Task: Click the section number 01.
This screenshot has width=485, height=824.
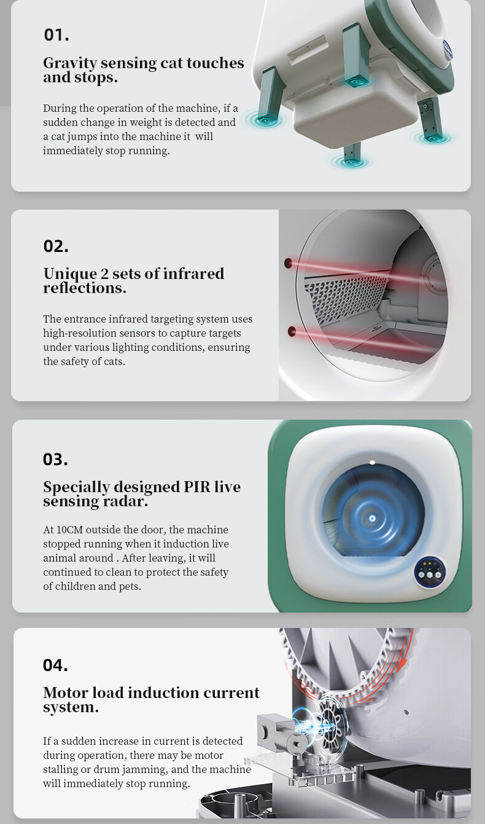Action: coord(56,35)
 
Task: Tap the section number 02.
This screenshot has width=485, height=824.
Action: coord(56,246)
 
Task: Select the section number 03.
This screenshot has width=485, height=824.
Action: coord(55,459)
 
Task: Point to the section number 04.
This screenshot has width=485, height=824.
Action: coord(55,665)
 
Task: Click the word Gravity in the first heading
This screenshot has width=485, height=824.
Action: coord(70,63)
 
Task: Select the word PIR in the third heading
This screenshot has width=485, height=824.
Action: coord(196,487)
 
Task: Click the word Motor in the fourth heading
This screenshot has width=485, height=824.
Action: coord(66,693)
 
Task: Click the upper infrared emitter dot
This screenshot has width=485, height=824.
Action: coord(289,263)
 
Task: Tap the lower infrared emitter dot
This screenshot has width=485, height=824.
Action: coord(292,331)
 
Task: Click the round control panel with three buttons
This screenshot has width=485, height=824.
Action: coord(430,572)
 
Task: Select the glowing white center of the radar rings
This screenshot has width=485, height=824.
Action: coord(372,518)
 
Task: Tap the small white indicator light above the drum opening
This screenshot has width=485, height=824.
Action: coord(372,463)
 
